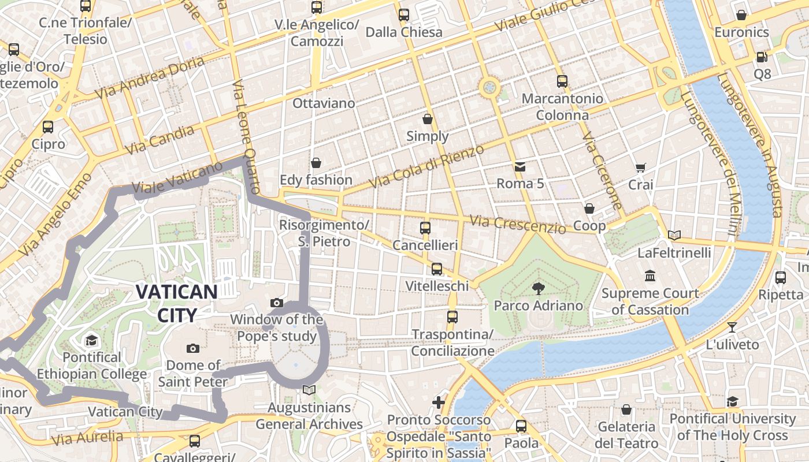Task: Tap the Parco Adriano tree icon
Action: (539, 288)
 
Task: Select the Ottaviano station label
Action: (324, 103)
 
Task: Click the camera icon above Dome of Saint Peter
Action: (193, 348)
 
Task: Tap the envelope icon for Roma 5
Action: (520, 167)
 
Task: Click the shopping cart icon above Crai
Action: (640, 168)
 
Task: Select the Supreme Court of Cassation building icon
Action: (650, 275)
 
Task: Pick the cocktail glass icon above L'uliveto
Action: (732, 327)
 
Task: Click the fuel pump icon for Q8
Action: (762, 57)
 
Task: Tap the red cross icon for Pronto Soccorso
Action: (439, 402)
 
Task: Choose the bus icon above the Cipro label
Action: (48, 126)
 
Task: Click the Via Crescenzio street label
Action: (517, 224)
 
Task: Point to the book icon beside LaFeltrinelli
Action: (674, 235)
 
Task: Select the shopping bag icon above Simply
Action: (427, 119)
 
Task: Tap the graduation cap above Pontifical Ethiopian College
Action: (91, 340)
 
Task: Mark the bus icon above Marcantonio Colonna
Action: (562, 81)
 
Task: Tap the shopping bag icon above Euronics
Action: (741, 15)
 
